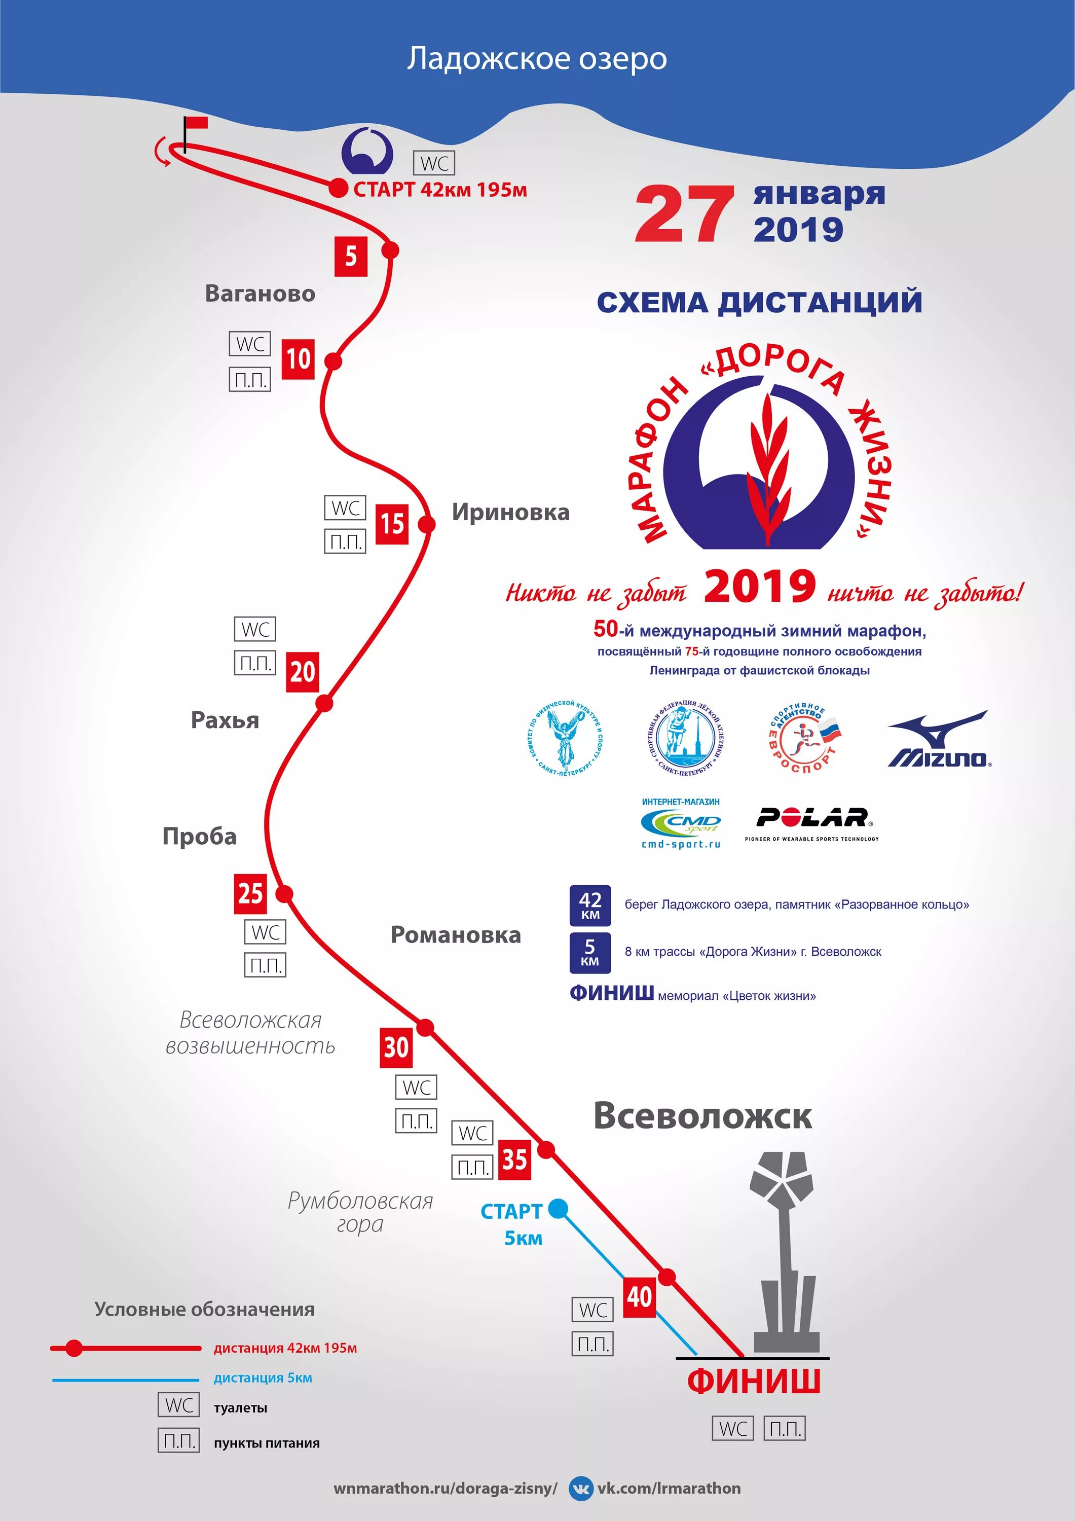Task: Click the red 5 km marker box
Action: (350, 257)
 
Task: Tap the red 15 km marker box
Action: (391, 524)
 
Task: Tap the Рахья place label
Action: (225, 720)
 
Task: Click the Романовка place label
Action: (455, 935)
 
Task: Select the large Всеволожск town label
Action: (702, 1115)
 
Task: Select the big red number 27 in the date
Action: (684, 214)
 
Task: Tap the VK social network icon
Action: (581, 1488)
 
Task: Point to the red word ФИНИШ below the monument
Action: (754, 1381)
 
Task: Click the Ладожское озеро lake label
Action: (537, 58)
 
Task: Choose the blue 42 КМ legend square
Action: (589, 905)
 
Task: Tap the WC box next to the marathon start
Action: (434, 163)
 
